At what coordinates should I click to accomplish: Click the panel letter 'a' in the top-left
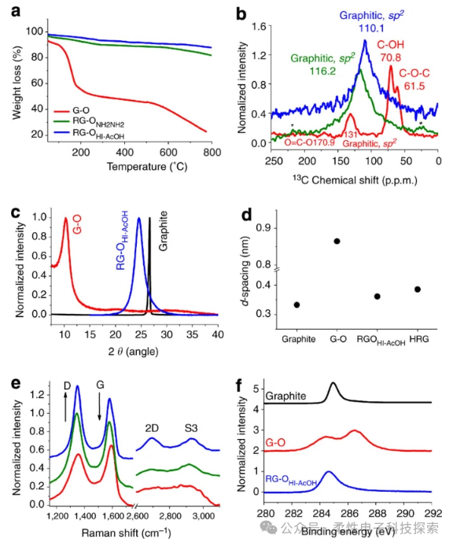[10, 11]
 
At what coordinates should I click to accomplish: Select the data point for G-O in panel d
[337, 241]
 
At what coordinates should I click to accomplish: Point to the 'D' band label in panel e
[65, 386]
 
